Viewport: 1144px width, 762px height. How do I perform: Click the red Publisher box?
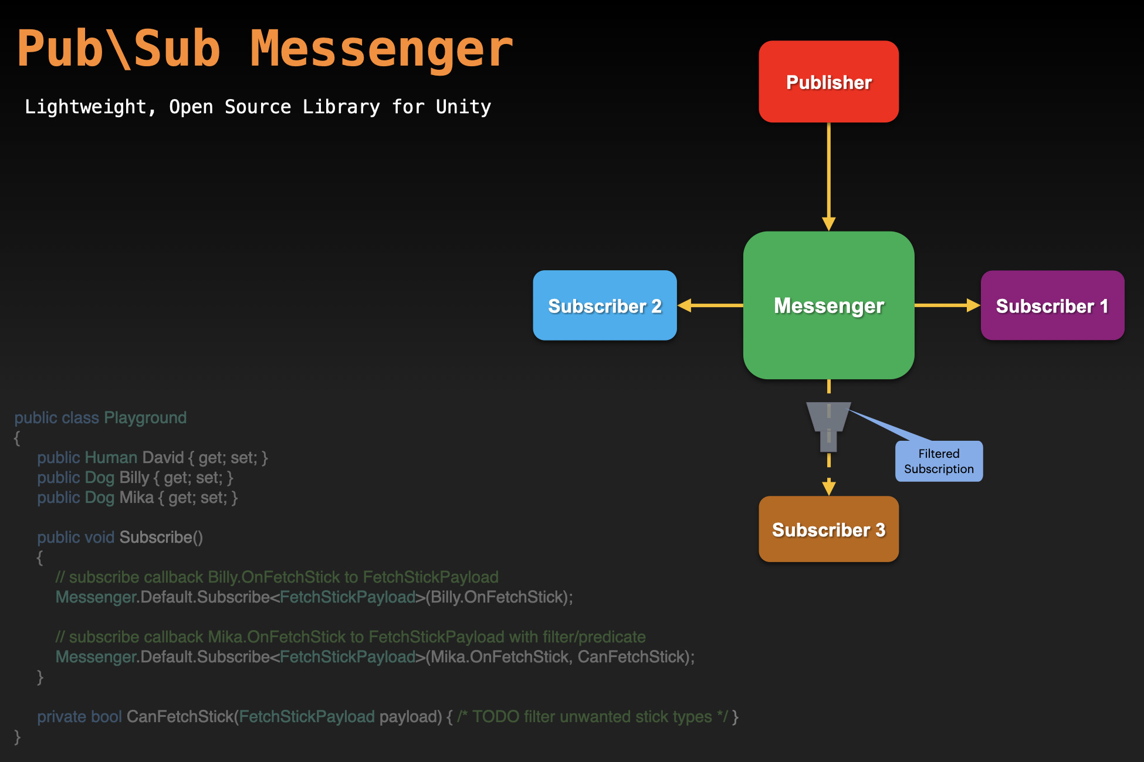[828, 81]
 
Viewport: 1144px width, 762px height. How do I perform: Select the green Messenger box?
[828, 305]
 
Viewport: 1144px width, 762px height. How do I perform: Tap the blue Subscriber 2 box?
[604, 305]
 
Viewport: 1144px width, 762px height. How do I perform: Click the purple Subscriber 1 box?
[1052, 305]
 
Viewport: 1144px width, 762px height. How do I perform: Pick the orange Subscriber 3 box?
[828, 529]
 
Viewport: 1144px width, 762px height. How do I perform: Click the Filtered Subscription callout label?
[939, 461]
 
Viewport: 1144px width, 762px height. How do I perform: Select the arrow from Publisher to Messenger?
[828, 176]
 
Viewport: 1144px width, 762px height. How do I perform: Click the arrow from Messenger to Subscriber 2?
[710, 305]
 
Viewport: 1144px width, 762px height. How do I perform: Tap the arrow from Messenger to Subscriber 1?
[946, 305]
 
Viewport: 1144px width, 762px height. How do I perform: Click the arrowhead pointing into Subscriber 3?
[828, 487]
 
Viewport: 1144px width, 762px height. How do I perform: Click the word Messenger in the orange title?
[381, 50]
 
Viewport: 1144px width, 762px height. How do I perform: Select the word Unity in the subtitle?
[463, 107]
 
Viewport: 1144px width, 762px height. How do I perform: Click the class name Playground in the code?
[145, 418]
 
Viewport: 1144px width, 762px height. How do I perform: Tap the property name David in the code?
[163, 458]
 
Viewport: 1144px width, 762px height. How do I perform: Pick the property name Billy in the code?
[134, 478]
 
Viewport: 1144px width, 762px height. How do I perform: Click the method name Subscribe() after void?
[161, 538]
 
